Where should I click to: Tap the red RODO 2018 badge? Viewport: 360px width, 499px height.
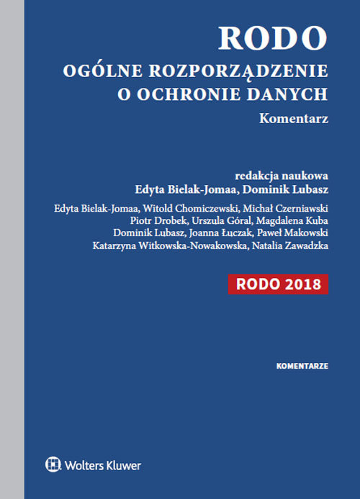[279, 282]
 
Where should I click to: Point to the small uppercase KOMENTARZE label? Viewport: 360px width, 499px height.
[302, 366]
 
